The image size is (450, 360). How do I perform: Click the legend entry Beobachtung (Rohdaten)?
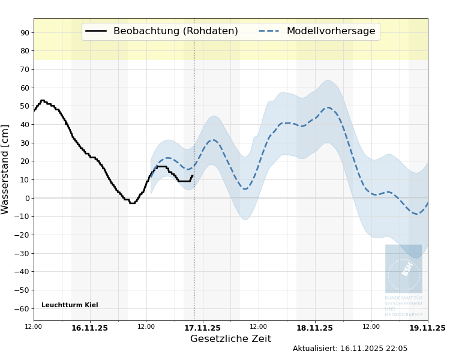click(175, 31)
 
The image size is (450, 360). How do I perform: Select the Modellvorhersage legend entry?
click(331, 31)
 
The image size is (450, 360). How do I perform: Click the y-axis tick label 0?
click(26, 198)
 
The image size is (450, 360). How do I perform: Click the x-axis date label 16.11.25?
click(89, 328)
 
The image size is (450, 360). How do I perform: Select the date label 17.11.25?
click(202, 328)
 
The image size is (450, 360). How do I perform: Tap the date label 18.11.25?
click(314, 328)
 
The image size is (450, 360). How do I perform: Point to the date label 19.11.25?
click(427, 328)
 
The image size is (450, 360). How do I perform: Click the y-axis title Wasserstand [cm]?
click(6, 169)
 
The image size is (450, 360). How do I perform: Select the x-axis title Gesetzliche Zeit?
click(230, 339)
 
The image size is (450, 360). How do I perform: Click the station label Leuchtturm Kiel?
click(70, 305)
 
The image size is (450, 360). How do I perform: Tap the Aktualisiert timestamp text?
click(350, 349)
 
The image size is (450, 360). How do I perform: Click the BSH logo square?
click(404, 269)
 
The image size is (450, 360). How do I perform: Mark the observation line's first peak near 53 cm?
click(42, 100)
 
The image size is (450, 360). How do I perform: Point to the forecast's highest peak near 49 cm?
click(328, 108)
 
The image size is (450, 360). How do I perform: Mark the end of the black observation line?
click(193, 176)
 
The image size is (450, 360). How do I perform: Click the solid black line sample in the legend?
click(97, 31)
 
